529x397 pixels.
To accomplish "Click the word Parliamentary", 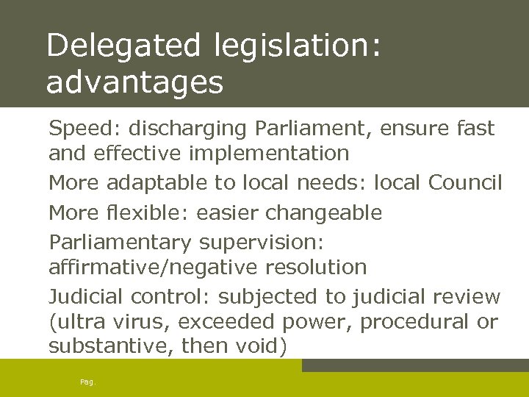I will pyautogui.click(x=120, y=242).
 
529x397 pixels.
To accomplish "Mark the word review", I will pyautogui.click(x=467, y=297).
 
